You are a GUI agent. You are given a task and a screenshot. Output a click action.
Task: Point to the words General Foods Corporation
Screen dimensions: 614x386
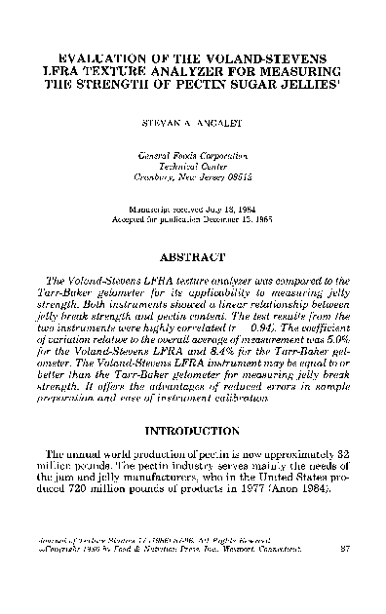pyautogui.click(x=193, y=155)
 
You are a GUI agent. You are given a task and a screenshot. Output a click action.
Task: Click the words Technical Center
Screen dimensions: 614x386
pyautogui.click(x=193, y=167)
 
